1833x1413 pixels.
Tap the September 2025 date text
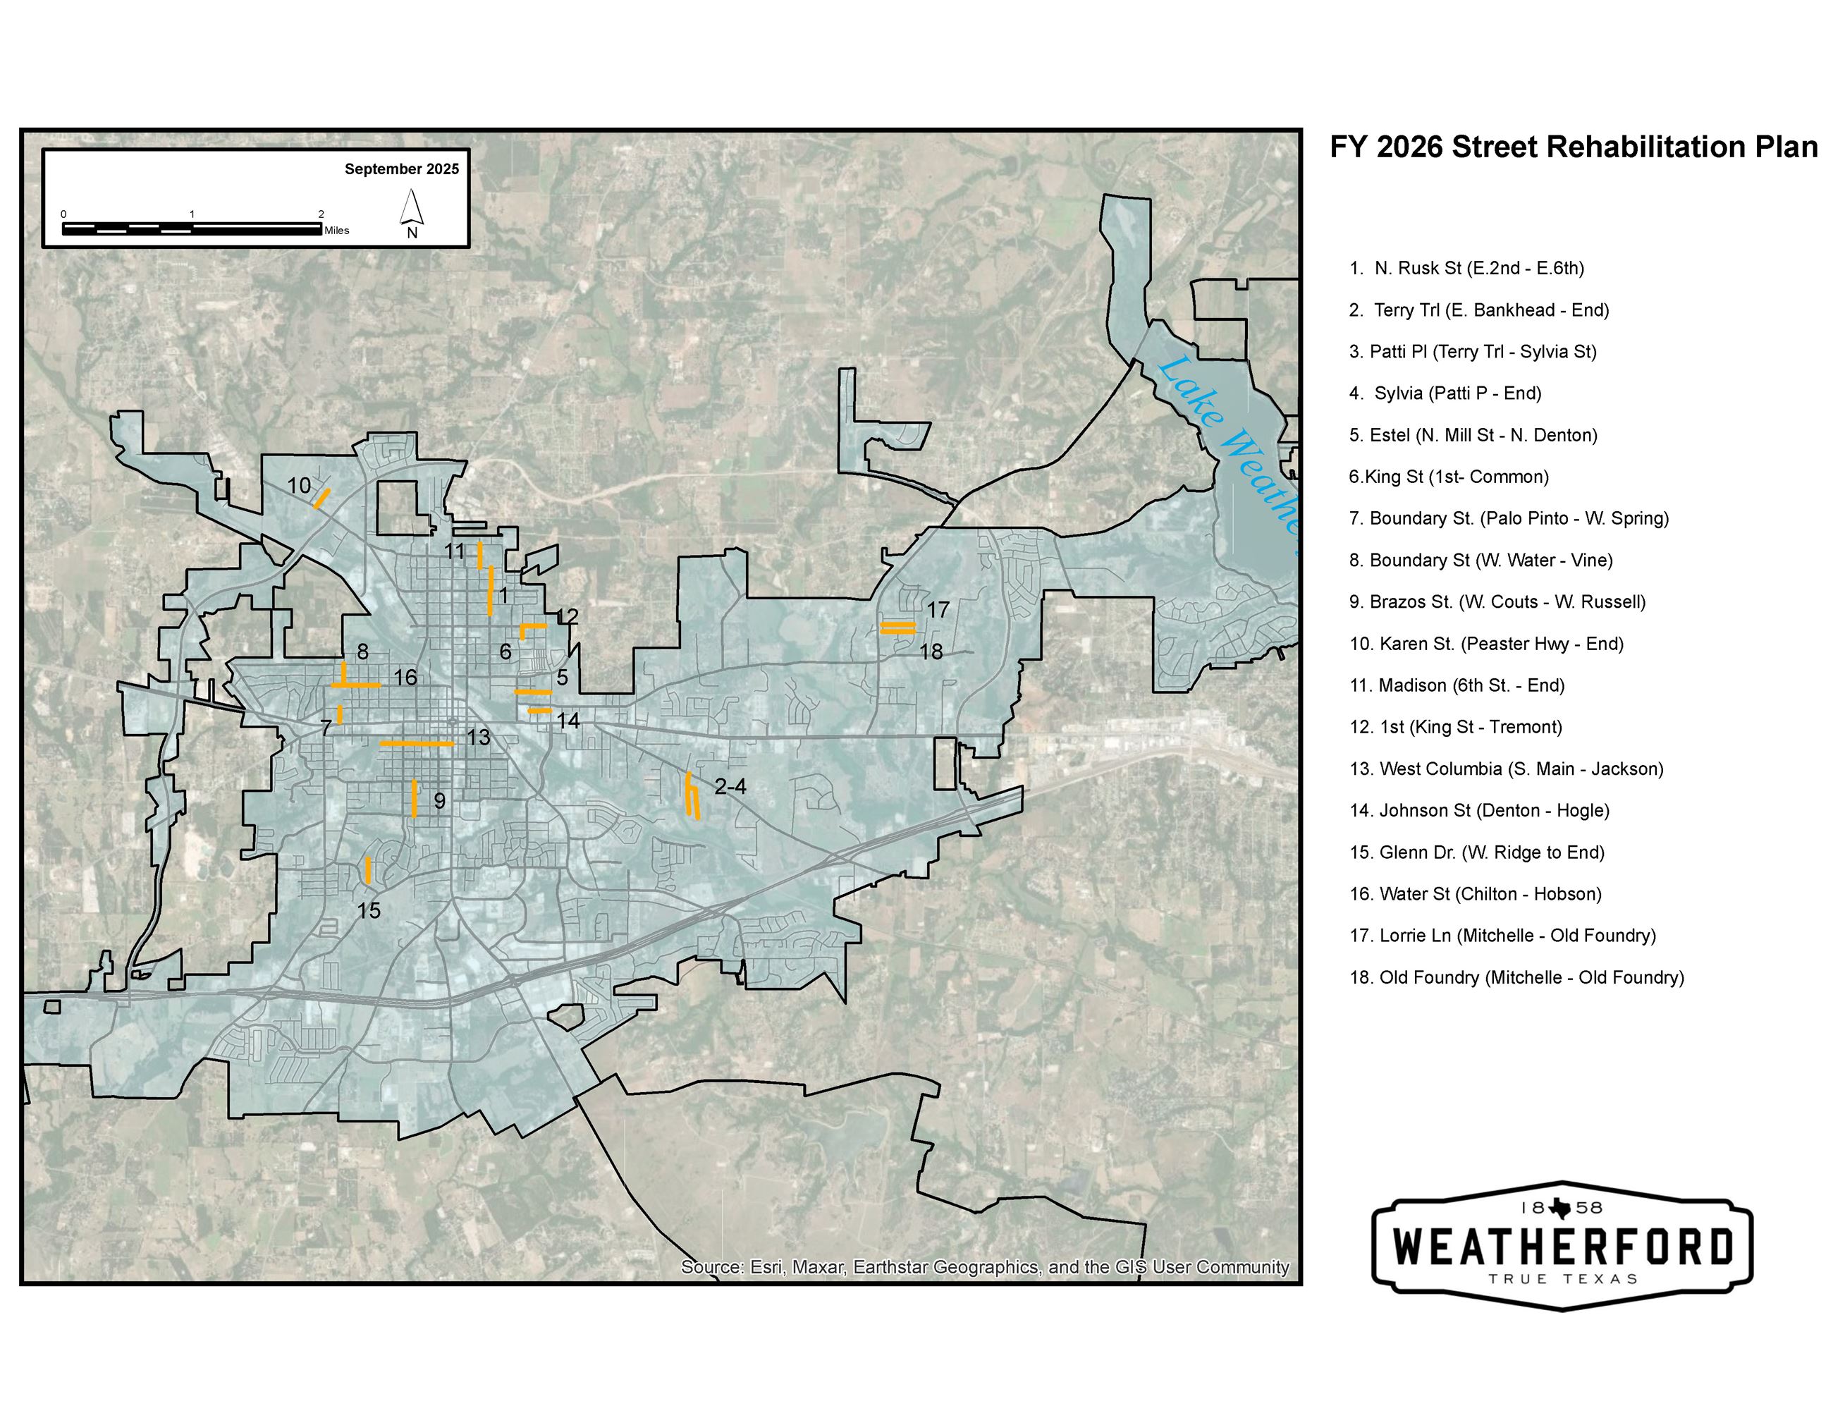(401, 169)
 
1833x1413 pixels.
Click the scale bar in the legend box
(192, 228)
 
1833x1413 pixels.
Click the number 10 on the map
(299, 485)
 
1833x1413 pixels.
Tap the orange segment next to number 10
(321, 498)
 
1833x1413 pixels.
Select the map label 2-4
(730, 787)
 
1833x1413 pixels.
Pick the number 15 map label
(369, 910)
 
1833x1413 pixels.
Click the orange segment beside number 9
(414, 798)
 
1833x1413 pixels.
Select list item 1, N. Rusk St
(1466, 269)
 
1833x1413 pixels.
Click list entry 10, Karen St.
(1485, 644)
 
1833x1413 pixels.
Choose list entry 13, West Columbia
(1506, 769)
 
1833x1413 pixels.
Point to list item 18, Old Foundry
(1516, 977)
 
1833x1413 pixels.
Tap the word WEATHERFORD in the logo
(1562, 1247)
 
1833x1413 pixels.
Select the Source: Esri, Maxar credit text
(983, 1267)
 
